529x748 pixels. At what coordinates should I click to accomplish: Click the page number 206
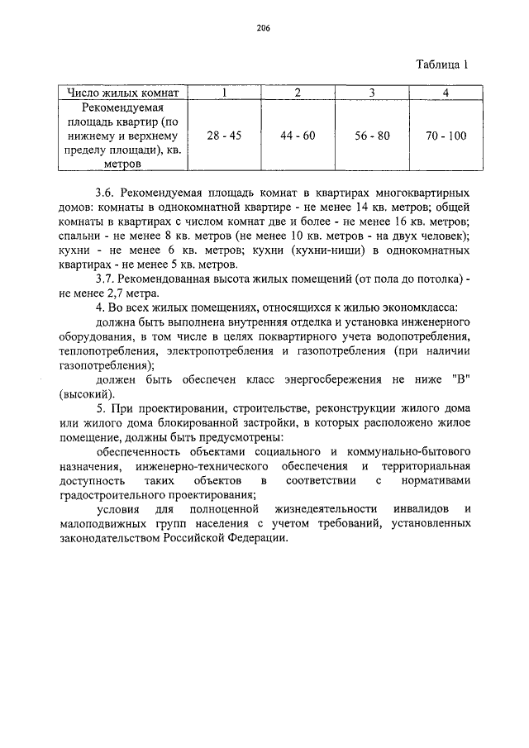pos(264,27)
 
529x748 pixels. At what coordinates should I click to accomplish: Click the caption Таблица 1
pos(442,67)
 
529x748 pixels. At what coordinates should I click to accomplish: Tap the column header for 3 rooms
pos(372,92)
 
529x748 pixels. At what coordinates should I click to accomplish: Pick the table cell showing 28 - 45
pos(224,136)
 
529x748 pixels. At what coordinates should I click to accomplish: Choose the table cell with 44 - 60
pos(298,136)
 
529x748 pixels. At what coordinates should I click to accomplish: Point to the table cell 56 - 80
pos(372,136)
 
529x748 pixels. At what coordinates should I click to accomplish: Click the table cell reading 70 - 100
pos(446,136)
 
